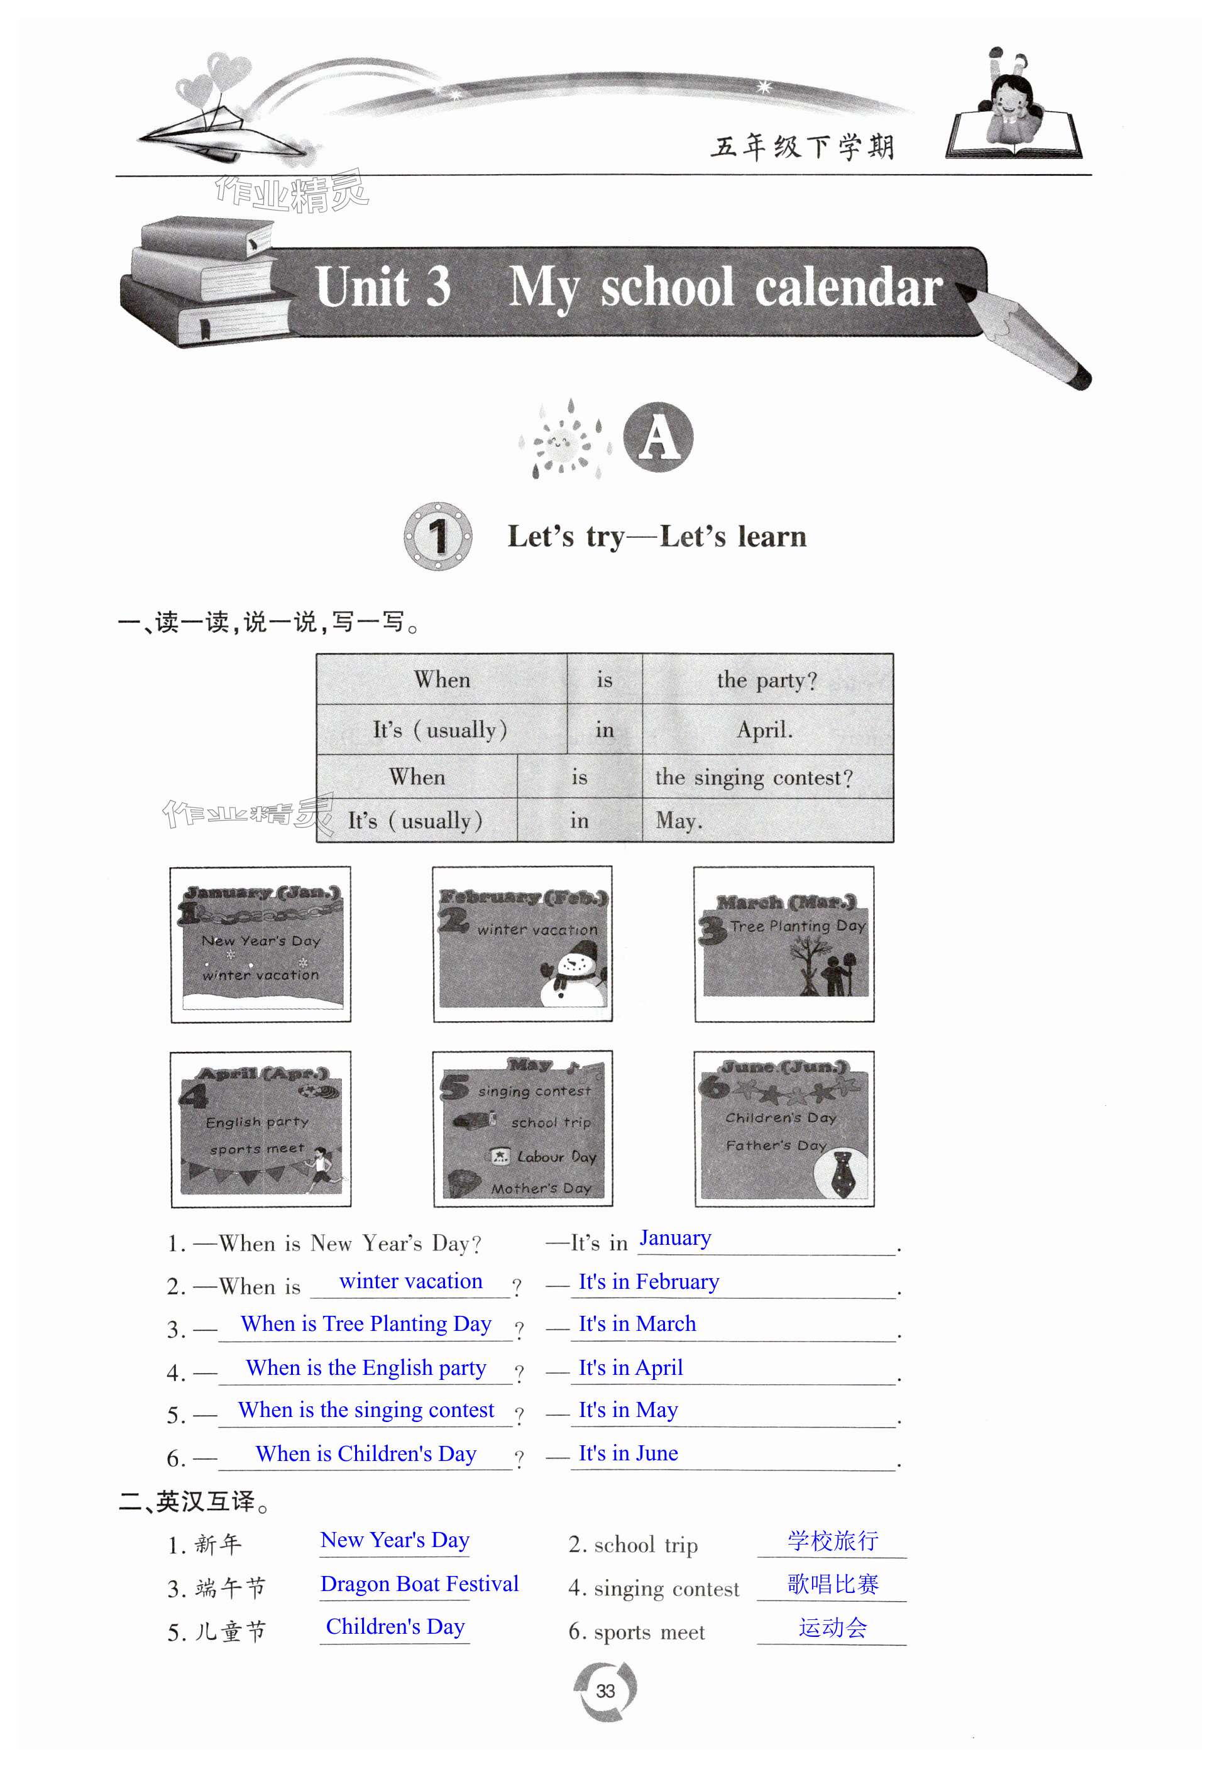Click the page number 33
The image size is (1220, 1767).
coord(605,1690)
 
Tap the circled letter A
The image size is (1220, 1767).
coord(658,438)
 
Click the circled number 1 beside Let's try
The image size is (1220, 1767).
coord(437,536)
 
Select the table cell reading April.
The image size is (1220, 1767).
coord(765,730)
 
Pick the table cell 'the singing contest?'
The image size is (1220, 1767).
coord(754,777)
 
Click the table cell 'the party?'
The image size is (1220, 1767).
coord(767,679)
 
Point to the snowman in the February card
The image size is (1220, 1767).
coord(573,978)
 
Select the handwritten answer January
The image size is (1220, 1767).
coord(675,1238)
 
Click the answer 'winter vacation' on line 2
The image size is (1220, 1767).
coord(410,1282)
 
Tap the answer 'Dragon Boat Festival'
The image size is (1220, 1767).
coord(419,1584)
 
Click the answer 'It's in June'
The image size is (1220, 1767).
coord(629,1453)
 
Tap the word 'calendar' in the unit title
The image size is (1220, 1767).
coord(849,289)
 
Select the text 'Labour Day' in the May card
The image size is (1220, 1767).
coord(556,1156)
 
